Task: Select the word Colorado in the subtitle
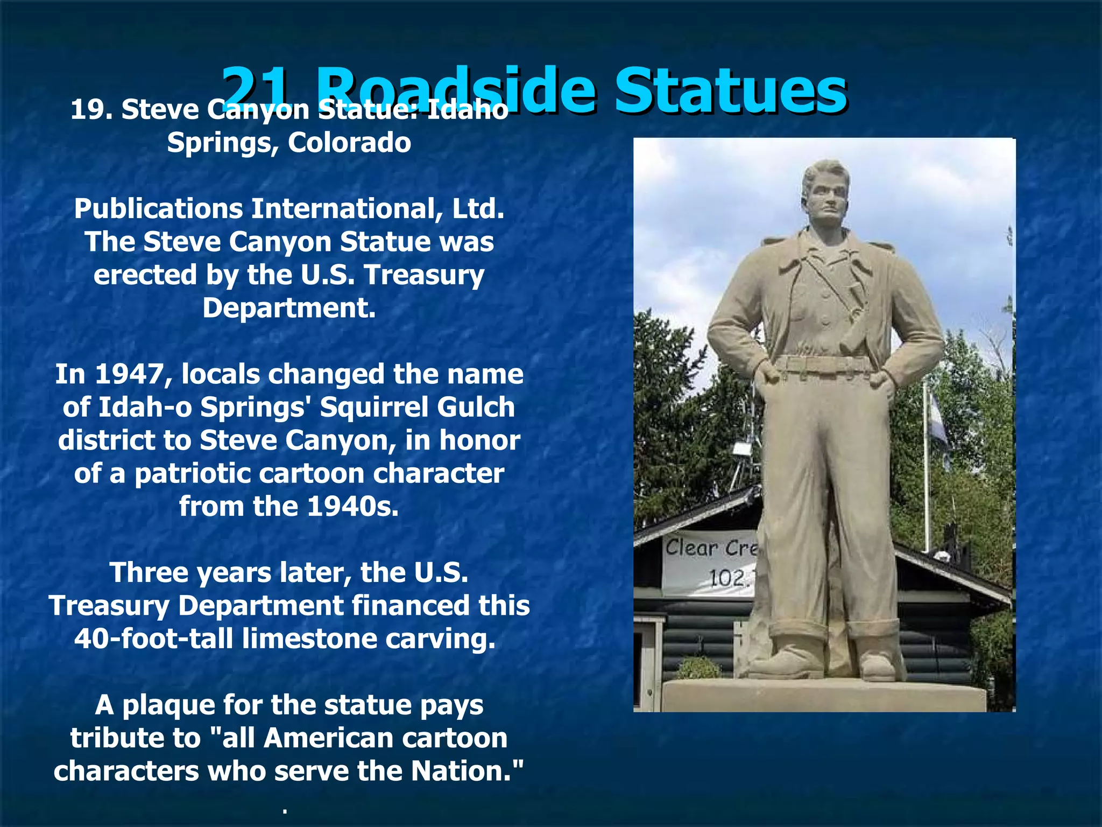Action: tap(349, 143)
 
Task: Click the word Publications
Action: tap(159, 209)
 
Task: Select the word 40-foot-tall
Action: tap(154, 639)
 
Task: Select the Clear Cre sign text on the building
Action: tap(710, 548)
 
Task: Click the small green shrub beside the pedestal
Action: tap(698, 669)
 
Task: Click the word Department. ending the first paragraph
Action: tap(289, 308)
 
